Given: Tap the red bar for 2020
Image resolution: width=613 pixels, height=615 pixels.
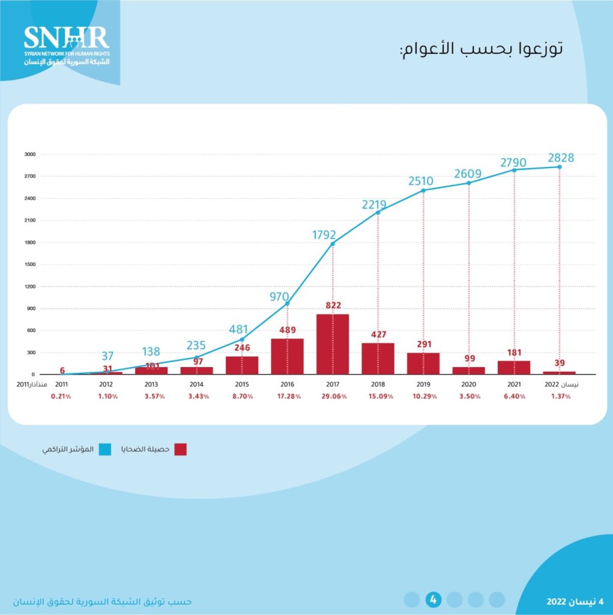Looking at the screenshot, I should click(468, 370).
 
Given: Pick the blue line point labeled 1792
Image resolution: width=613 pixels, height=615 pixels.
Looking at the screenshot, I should click(333, 243).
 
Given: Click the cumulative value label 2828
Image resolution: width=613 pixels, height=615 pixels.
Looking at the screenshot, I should click(561, 158).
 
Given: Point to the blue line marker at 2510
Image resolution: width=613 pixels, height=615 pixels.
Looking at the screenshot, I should click(423, 190).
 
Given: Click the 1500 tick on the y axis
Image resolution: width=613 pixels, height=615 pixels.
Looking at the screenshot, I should click(30, 265).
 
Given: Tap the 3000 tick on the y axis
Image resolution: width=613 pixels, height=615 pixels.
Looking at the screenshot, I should click(30, 154).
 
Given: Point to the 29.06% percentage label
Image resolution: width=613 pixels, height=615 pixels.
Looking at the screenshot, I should click(333, 397).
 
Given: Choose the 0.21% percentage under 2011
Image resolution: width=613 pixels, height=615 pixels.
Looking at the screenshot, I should click(61, 397).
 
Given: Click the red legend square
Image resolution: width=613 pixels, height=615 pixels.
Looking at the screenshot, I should click(180, 450).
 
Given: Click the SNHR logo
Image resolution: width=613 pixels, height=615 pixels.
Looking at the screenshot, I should click(67, 45).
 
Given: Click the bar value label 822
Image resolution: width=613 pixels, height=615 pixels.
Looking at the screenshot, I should click(333, 305).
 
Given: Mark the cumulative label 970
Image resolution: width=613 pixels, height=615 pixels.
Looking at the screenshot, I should click(280, 296).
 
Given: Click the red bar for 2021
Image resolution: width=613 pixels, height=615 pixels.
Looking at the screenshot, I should click(514, 367).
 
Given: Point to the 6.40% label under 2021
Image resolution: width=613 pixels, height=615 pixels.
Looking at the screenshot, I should click(514, 397).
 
